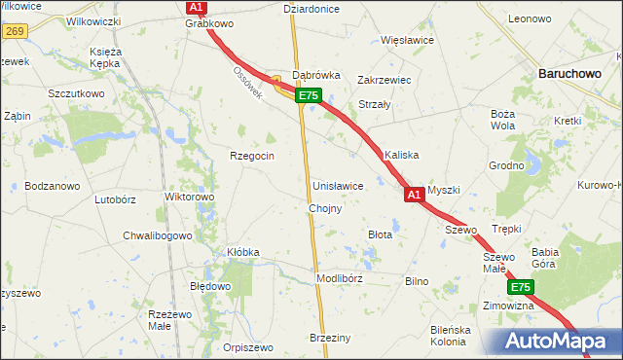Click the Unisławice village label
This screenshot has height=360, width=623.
pyautogui.click(x=338, y=186)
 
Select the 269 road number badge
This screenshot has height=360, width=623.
pyautogui.click(x=13, y=31)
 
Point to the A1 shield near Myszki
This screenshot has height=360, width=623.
pyautogui.click(x=414, y=196)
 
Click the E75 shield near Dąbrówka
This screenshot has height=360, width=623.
pyautogui.click(x=309, y=95)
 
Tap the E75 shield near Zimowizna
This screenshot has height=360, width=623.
pyautogui.click(x=520, y=288)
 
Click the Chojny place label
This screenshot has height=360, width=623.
pyautogui.click(x=324, y=209)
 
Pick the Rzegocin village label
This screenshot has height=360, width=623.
pyautogui.click(x=252, y=156)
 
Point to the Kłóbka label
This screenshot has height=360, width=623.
pyautogui.click(x=243, y=252)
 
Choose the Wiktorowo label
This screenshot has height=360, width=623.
pyautogui.click(x=190, y=197)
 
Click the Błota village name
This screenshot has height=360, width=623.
pyautogui.click(x=380, y=234)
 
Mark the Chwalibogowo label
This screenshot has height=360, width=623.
pyautogui.click(x=158, y=235)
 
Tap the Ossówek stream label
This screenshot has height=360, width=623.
pyautogui.click(x=248, y=81)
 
